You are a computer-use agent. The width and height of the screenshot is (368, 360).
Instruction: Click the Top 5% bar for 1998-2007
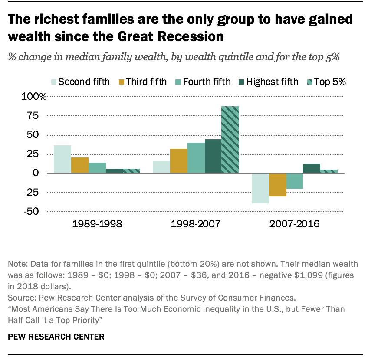click(230, 140)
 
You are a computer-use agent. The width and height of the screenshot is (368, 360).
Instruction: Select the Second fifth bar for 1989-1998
click(62, 159)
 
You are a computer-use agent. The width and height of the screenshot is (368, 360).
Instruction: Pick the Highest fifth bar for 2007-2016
click(312, 168)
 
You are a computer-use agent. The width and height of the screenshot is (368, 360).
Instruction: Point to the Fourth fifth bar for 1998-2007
click(196, 158)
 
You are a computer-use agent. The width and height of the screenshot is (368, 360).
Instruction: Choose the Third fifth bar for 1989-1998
click(80, 165)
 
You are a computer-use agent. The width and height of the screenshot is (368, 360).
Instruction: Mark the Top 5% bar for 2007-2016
click(329, 171)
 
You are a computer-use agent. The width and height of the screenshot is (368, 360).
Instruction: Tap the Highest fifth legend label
click(272, 82)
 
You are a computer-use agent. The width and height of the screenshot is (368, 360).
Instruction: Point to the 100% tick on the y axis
click(34, 96)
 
